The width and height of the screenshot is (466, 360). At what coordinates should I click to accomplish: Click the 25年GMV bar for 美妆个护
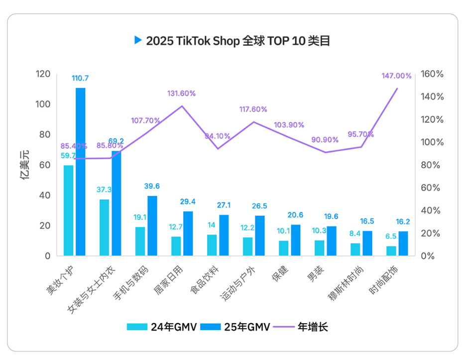[80, 172]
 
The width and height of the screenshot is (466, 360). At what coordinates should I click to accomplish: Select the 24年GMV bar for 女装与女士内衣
[104, 228]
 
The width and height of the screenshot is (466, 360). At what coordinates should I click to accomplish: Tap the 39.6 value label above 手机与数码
[152, 186]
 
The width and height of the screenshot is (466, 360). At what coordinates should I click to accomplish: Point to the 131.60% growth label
[181, 93]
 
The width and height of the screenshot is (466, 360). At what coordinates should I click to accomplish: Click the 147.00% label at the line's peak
[396, 76]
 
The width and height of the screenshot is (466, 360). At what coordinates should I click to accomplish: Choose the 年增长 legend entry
[313, 327]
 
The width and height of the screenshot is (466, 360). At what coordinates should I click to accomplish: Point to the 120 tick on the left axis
[43, 74]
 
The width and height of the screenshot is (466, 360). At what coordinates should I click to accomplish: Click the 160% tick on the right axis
[432, 74]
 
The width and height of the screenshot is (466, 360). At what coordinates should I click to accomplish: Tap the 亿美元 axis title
[24, 165]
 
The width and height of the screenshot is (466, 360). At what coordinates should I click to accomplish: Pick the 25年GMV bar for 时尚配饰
[403, 243]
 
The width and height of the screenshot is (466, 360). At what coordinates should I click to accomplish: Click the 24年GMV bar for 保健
[284, 248]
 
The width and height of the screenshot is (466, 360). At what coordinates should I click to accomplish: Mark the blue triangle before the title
[138, 40]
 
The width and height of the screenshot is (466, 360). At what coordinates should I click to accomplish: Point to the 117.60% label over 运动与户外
[253, 109]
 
